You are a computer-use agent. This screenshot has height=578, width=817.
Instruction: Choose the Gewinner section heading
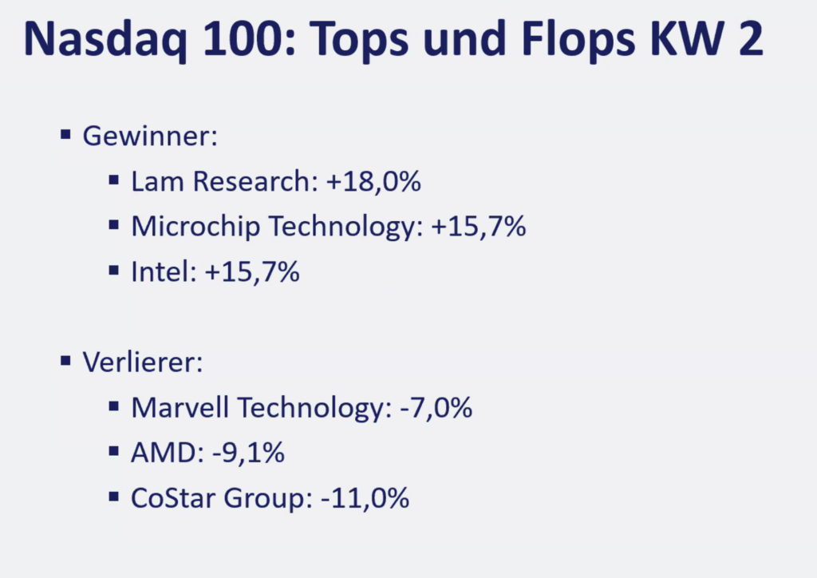click(x=150, y=135)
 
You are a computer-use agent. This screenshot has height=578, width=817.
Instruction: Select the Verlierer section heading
click(x=143, y=362)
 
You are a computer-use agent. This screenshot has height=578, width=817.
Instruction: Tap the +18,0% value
click(x=373, y=181)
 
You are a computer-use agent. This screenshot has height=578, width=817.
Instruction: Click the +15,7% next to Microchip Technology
click(x=479, y=227)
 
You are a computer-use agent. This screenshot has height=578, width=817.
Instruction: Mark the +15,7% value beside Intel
click(x=251, y=272)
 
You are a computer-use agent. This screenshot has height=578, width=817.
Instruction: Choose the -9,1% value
click(x=248, y=453)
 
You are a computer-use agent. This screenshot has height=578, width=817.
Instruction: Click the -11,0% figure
click(x=365, y=499)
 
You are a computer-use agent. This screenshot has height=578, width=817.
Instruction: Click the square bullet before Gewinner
click(x=66, y=133)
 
